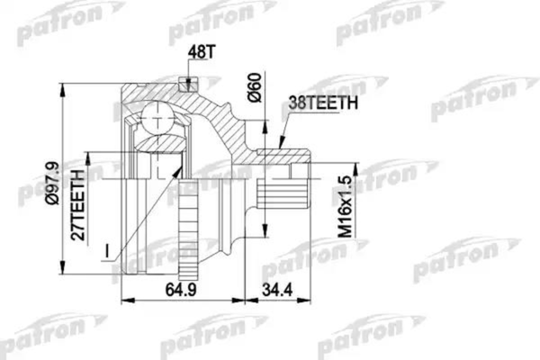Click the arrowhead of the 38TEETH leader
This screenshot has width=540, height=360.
tap(282, 145)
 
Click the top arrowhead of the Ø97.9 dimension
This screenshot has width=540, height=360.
tap(64, 83)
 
